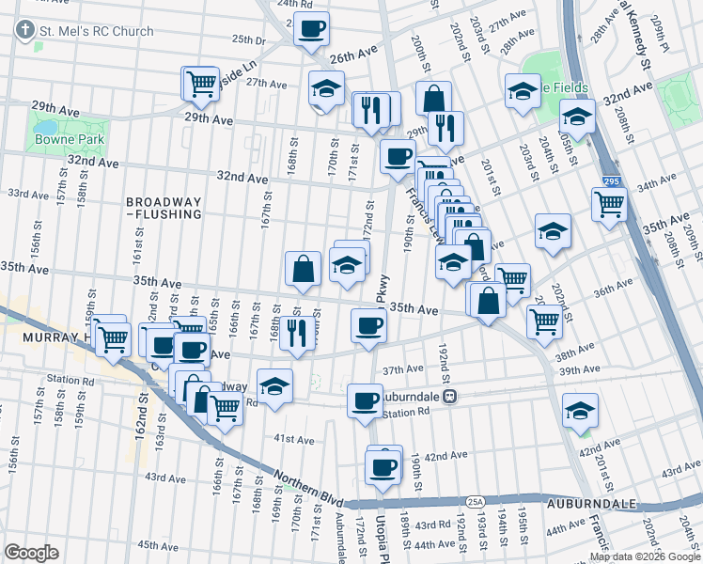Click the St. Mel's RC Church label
click(95, 30)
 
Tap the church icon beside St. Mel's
click(23, 30)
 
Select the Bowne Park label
click(61, 139)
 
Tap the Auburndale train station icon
click(450, 397)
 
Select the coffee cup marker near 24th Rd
click(312, 27)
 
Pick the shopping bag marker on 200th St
click(433, 99)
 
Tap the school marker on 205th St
click(576, 117)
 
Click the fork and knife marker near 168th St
click(297, 335)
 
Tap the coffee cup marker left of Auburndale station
click(365, 401)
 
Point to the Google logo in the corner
click(32, 552)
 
